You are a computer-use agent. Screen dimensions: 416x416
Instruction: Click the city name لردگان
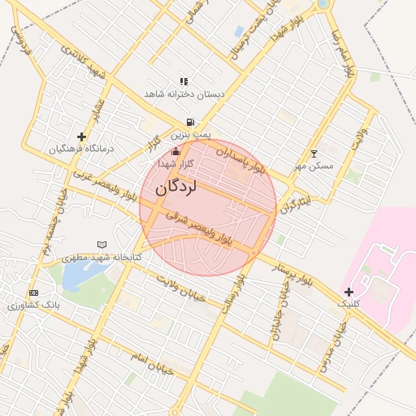175,187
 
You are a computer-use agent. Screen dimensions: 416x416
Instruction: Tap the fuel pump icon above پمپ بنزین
190,122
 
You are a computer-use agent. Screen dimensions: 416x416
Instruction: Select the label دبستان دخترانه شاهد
184,94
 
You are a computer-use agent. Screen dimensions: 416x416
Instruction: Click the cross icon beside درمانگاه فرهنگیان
81,136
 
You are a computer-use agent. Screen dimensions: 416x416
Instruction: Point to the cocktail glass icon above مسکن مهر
314,154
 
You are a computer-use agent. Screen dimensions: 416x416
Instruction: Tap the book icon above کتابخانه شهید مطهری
102,244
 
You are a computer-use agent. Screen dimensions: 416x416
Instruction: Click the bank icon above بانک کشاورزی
33,292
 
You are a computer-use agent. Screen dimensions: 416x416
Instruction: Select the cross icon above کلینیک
349,292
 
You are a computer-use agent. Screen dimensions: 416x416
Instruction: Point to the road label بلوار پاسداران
241,158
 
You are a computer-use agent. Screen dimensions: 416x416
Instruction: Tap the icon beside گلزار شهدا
175,152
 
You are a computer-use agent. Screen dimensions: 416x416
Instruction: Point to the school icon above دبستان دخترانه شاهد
184,81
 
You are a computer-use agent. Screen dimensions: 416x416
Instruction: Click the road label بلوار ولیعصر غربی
102,186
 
